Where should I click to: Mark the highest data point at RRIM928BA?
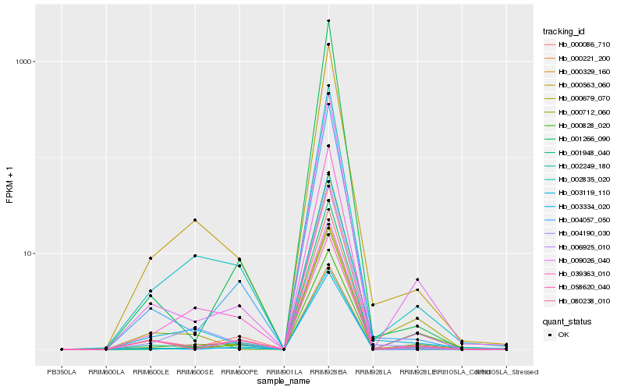tap(328, 20)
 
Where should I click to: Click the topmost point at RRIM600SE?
tap(195, 220)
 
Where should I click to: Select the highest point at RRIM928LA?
tap(373, 304)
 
